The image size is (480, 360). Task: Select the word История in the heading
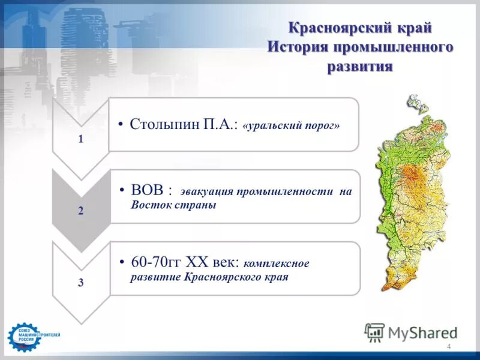coord(296,47)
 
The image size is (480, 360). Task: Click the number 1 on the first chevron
coord(81,139)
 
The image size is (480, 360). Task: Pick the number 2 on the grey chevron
coord(81,211)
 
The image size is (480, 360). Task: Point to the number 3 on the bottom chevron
coord(81,283)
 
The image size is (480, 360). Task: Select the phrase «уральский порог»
coord(292,126)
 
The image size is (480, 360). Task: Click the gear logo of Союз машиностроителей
coord(22,337)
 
